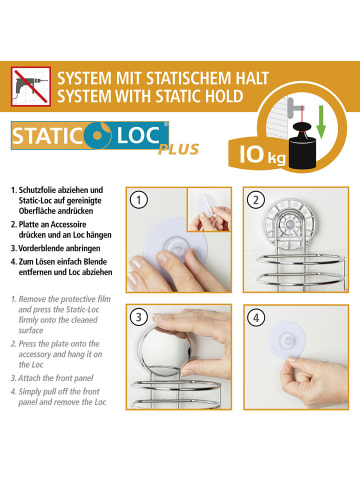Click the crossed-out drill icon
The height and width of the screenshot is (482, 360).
pos(31,86)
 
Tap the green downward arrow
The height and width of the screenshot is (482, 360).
pos(321,122)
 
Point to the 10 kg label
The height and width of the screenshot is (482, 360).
pos(262,155)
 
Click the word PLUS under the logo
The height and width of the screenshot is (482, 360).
pos(179,149)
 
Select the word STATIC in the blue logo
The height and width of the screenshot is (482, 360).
pos(47,136)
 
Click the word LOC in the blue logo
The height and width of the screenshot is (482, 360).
pos(138,135)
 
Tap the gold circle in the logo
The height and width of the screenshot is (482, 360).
pos(97,136)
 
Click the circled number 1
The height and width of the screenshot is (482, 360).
pos(138,200)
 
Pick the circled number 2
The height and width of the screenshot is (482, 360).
pos(256,200)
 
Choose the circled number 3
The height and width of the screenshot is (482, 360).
pos(138,317)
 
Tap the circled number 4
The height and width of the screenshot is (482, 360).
pos(256,317)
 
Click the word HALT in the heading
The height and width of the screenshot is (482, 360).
pos(252,79)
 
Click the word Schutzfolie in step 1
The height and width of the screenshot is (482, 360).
pos(37,190)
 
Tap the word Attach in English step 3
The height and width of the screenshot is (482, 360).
pos(29,378)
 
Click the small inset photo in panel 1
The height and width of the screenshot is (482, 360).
pos(209,209)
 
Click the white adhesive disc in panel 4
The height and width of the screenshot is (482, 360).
pos(285,340)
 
